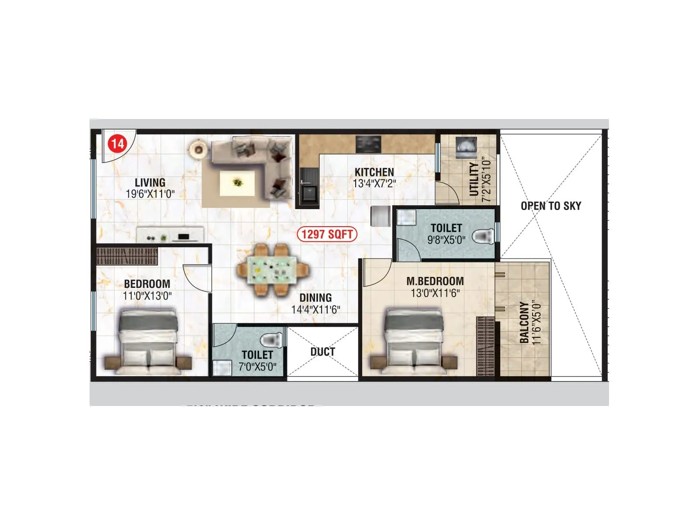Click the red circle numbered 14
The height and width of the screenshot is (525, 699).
(x=117, y=143)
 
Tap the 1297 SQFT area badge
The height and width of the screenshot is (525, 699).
(x=327, y=234)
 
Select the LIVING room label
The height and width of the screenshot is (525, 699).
(x=150, y=182)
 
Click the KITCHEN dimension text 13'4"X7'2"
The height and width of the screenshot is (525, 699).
(x=374, y=184)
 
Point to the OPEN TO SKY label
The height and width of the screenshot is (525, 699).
(x=551, y=206)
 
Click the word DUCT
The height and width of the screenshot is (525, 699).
(x=322, y=352)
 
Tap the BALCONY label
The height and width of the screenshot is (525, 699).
(x=524, y=322)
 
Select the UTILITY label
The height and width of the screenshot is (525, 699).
(x=474, y=179)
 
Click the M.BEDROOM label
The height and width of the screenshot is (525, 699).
(x=435, y=281)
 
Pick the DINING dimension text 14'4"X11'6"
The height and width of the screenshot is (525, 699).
(x=315, y=309)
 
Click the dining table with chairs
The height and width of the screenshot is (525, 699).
(x=273, y=270)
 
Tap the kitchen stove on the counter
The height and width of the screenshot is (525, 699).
(x=368, y=143)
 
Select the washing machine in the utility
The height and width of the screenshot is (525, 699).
(x=466, y=147)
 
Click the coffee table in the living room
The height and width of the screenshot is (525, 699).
(x=237, y=182)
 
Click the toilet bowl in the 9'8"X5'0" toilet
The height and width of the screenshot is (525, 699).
(x=483, y=236)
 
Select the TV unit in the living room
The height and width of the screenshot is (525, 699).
(x=170, y=234)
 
